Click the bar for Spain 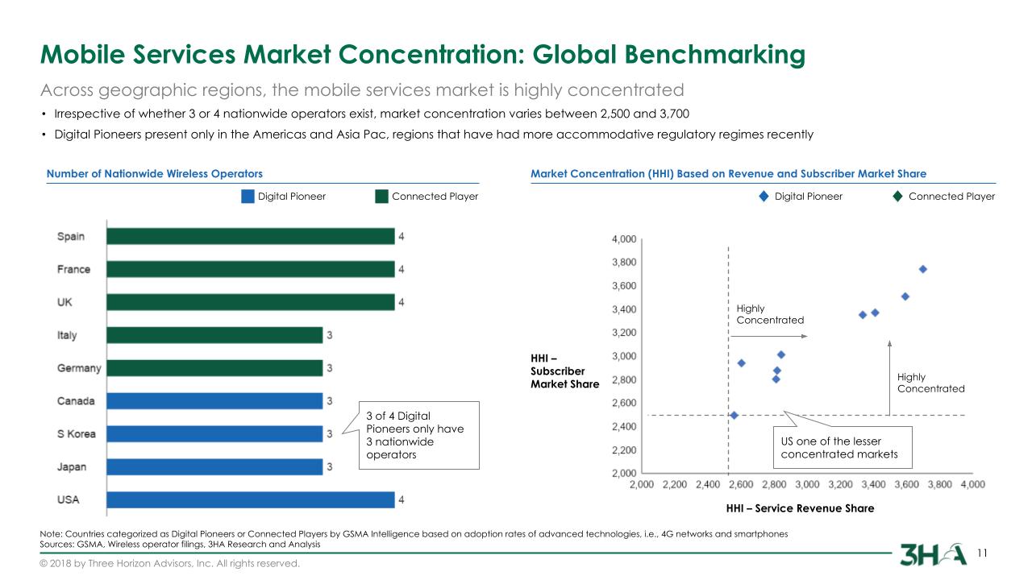250,236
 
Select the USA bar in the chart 250,499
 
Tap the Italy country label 67,335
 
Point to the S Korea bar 214,434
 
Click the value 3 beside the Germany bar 329,368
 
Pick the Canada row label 76,401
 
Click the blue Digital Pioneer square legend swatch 248,197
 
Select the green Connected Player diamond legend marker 898,197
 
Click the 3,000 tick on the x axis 807,485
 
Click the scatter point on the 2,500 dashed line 734,416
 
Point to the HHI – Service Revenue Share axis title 800,508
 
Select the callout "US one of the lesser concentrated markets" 843,447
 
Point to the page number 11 982,553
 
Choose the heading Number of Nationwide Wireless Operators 155,174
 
